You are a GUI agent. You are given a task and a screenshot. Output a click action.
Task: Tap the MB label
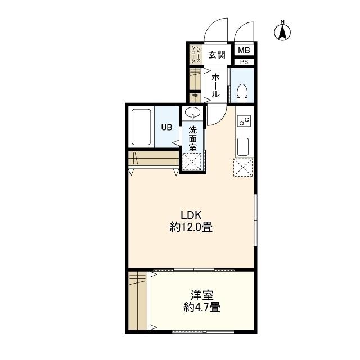point(244,50)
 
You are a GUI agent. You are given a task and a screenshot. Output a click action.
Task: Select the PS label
point(244,62)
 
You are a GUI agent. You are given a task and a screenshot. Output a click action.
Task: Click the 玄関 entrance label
point(217,55)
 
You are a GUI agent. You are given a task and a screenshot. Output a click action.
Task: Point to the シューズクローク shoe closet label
point(196,55)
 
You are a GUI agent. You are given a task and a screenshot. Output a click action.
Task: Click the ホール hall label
point(215,85)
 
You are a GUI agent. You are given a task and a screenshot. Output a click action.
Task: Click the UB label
point(166,127)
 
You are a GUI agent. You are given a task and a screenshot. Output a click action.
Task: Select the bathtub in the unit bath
point(141,127)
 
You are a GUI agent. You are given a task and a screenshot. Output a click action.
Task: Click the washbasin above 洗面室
point(192,112)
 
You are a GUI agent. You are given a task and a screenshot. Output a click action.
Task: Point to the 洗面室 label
point(192,139)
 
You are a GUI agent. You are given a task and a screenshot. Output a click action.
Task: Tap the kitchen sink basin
point(243,146)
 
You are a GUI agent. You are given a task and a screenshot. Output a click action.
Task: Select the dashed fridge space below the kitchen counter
point(243,167)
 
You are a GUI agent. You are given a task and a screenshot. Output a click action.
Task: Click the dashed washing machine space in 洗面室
point(192,161)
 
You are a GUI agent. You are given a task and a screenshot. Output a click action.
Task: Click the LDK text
point(191,215)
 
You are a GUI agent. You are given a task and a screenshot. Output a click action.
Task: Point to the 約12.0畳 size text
point(191,227)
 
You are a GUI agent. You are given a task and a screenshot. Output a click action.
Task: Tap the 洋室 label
point(202,295)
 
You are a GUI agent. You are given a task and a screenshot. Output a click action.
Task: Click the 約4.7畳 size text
point(202,307)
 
